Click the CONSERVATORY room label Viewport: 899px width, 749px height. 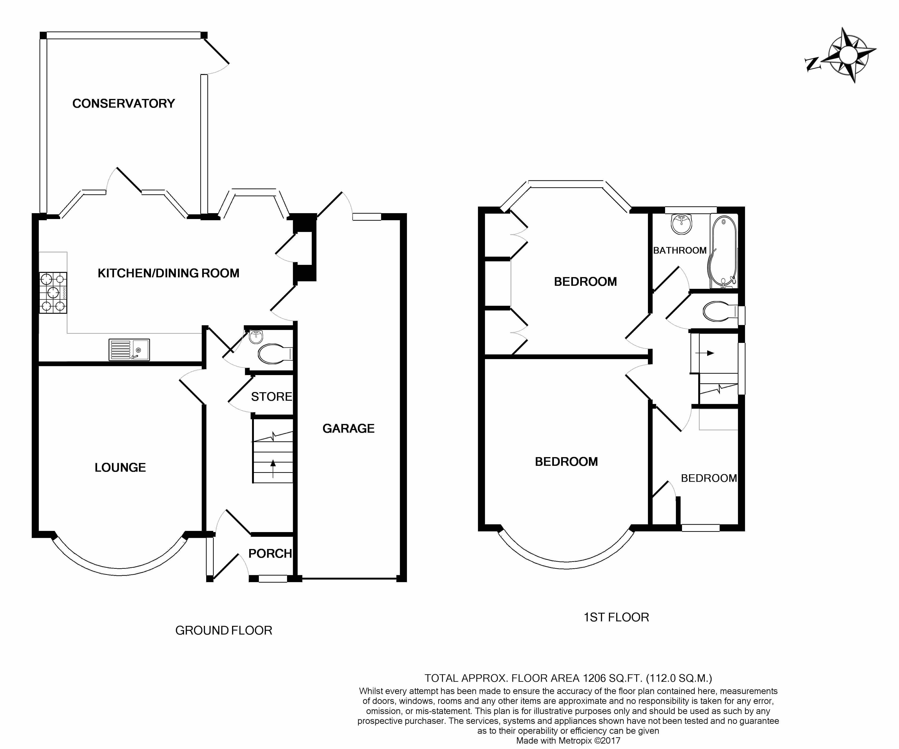point(124,104)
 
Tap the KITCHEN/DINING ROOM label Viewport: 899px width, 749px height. point(168,273)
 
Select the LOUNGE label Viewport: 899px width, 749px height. point(120,467)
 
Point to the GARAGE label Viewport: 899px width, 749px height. point(348,428)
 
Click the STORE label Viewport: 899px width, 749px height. point(271,397)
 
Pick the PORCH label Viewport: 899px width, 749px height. point(270,553)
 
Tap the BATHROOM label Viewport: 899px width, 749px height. point(680,250)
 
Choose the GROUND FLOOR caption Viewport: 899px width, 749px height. point(224,631)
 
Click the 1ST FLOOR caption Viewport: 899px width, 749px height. point(616,617)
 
